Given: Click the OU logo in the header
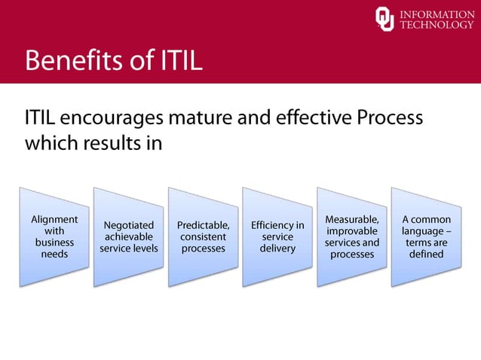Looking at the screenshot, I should (x=384, y=19).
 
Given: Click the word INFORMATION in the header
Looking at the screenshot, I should (x=437, y=13).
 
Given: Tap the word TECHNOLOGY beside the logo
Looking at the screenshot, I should (x=437, y=25).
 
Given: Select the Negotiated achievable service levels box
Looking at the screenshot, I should (x=129, y=236).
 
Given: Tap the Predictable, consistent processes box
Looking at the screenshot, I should (x=203, y=236).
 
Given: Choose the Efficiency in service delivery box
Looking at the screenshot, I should (x=277, y=236).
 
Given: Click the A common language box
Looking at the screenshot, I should (x=426, y=236).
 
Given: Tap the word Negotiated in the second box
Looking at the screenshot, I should (x=129, y=224).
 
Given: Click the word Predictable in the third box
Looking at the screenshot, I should (x=203, y=224).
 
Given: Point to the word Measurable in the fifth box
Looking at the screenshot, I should (x=352, y=219).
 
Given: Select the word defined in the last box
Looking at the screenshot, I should (x=426, y=255).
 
